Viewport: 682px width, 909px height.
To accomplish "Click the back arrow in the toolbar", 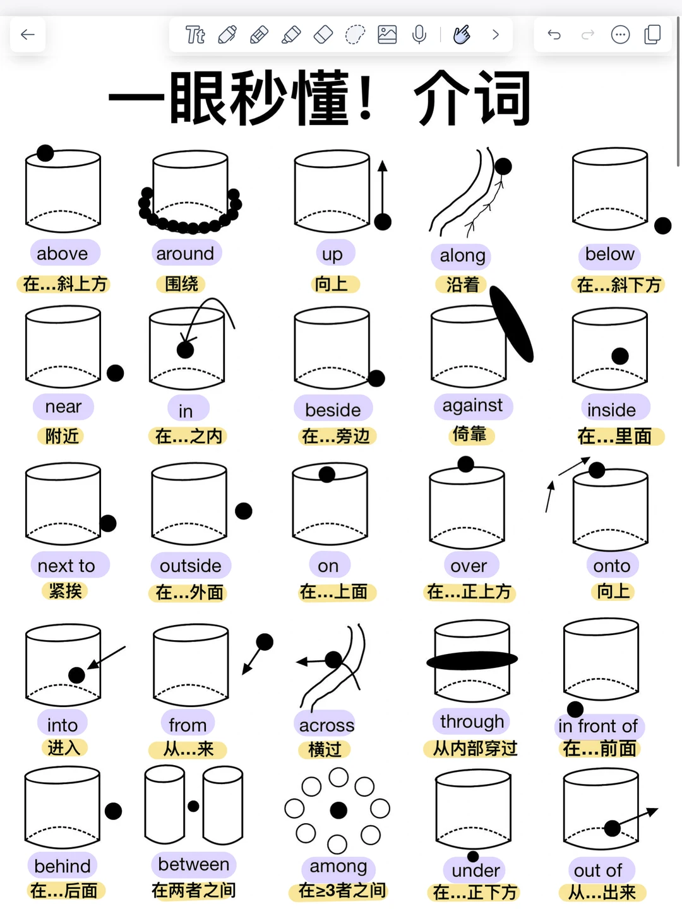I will tap(28, 35).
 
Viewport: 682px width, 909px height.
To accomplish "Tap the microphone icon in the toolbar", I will tap(419, 35).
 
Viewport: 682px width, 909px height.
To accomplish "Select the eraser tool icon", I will tap(323, 35).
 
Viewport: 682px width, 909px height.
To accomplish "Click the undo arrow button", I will tap(554, 35).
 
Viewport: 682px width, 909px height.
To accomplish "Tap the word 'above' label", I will tap(63, 254).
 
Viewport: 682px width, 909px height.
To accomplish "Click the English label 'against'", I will tap(472, 405).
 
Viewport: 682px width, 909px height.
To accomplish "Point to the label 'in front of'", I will tap(598, 726).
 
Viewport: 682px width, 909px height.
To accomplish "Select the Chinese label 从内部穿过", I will tap(475, 749).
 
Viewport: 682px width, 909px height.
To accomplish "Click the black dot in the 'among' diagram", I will tap(338, 810).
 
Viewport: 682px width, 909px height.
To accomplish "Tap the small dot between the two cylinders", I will tap(193, 806).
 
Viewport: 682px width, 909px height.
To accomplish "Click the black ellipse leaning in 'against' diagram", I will tap(512, 324).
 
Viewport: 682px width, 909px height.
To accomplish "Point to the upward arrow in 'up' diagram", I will tap(382, 189).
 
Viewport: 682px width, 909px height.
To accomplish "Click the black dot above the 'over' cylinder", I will tap(466, 464).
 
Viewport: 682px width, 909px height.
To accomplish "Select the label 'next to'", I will tap(67, 566).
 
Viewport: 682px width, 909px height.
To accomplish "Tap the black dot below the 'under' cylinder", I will tap(473, 856).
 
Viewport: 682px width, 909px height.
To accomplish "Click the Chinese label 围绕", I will tap(182, 284).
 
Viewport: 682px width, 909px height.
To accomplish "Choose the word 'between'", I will tap(193, 864).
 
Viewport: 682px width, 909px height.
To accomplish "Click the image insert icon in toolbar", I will tap(387, 35).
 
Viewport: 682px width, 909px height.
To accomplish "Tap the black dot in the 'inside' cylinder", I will tap(620, 356).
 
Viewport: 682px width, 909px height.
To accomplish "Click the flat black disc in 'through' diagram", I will tap(472, 660).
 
